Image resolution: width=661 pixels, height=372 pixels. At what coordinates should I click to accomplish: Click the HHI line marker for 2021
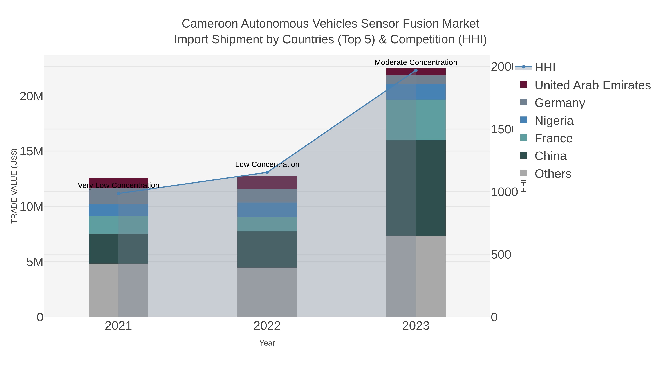point(118,193)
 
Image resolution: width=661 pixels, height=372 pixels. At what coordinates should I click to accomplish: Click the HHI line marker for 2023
point(416,70)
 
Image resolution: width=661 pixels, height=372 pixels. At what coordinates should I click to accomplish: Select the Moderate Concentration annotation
point(416,62)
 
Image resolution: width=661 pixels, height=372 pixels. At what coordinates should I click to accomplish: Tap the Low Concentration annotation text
point(267,164)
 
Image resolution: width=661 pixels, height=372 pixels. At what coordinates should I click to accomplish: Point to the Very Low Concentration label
point(118,185)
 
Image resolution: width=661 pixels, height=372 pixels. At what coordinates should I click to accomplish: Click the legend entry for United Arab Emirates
point(592,85)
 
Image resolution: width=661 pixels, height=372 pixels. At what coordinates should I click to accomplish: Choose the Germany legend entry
point(560,103)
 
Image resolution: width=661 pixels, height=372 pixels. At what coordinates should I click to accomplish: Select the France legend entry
point(553,138)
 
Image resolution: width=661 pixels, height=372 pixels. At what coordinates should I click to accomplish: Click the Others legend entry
point(553,174)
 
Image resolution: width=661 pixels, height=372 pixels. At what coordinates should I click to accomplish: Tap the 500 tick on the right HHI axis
point(501,255)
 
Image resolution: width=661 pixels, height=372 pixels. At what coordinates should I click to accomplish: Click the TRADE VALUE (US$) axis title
point(14,186)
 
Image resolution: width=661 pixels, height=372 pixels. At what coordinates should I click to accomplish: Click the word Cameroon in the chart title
point(210,24)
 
